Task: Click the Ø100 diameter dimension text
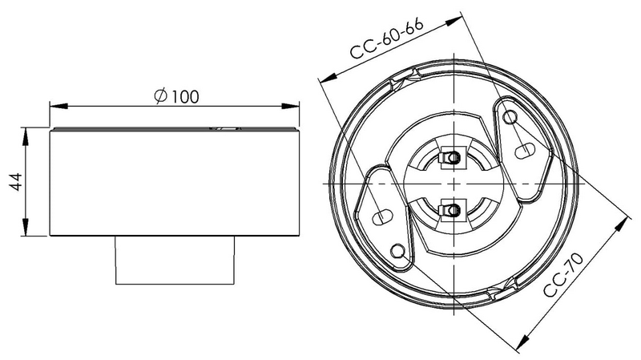tap(176, 96)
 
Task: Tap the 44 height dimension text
tap(16, 182)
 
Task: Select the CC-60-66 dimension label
tap(387, 38)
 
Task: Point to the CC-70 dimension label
tap(564, 275)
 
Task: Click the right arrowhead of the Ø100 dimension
tap(290, 107)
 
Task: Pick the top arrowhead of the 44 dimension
tap(26, 136)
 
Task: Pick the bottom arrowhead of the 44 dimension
tap(26, 227)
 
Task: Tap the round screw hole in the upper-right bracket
tap(510, 117)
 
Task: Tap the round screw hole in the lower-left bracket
tap(397, 251)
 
